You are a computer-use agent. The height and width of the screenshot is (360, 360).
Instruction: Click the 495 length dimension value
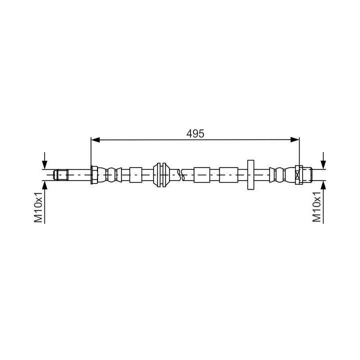click(195, 133)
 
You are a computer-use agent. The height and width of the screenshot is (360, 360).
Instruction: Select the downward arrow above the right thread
click(323, 163)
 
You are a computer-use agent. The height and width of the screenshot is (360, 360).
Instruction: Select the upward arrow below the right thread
click(323, 187)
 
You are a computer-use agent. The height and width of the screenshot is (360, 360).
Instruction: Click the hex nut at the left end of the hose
click(93, 175)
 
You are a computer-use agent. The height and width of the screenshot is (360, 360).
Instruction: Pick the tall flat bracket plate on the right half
click(250, 175)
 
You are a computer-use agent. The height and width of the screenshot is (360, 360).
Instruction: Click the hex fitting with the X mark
click(299, 175)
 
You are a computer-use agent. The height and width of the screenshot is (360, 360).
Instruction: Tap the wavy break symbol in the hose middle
click(182, 175)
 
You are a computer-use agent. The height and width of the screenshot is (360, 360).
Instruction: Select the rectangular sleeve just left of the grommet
click(136, 175)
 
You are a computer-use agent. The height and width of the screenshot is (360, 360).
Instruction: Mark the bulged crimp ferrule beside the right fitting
click(279, 175)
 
